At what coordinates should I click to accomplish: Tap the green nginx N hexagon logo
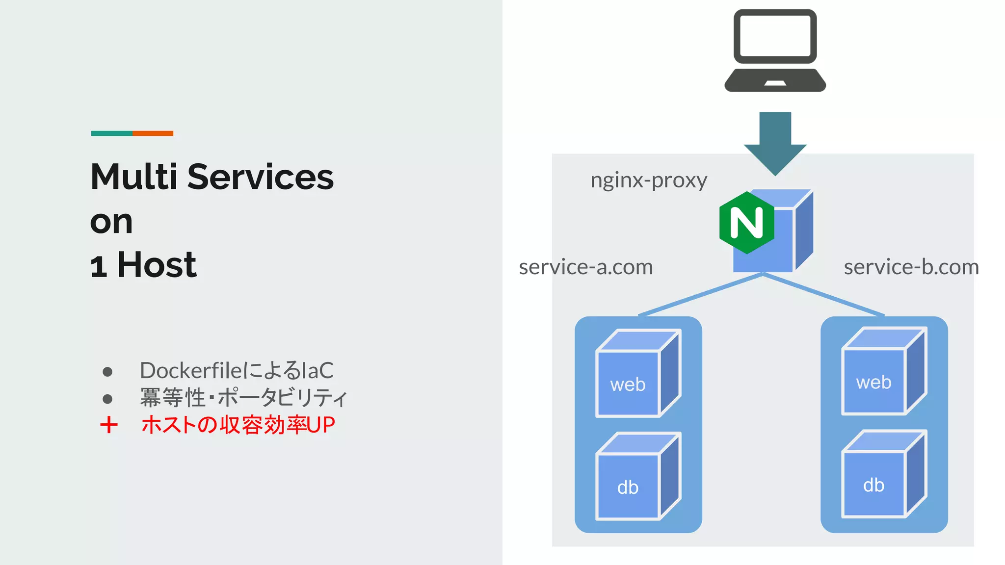pyautogui.click(x=746, y=223)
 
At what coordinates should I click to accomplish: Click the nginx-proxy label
pyautogui.click(x=648, y=180)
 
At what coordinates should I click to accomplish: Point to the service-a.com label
pyautogui.click(x=585, y=267)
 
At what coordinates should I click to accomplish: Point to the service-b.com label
pyautogui.click(x=911, y=267)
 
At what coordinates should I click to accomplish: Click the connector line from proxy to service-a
pyautogui.click(x=701, y=294)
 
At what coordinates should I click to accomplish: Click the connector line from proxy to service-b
pyautogui.click(x=824, y=294)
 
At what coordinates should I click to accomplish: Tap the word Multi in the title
pyautogui.click(x=133, y=177)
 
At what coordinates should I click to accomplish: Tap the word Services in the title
pyautogui.click(x=260, y=177)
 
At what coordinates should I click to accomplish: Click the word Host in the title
pyautogui.click(x=157, y=265)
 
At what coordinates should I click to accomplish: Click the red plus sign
pyautogui.click(x=109, y=425)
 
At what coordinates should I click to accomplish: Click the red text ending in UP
pyautogui.click(x=238, y=425)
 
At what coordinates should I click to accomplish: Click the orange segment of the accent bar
pyautogui.click(x=153, y=133)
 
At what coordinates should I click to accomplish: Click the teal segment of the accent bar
pyautogui.click(x=111, y=133)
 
